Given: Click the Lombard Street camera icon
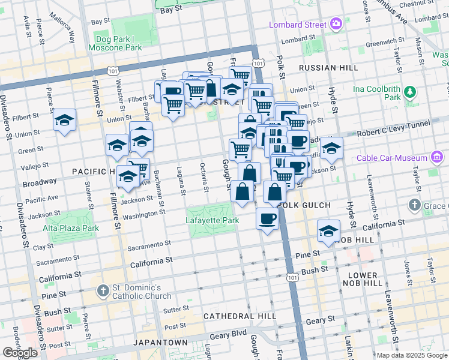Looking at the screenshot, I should tap(336, 25).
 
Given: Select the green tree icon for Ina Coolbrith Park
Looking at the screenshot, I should tap(409, 92).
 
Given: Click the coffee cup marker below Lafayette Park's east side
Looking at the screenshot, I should tap(267, 218).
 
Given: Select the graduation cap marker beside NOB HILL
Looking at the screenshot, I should tap(328, 230).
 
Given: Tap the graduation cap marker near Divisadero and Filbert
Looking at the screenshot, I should tap(64, 120).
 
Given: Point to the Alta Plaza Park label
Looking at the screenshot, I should tap(70, 228).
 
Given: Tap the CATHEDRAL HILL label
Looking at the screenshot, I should tap(240, 316).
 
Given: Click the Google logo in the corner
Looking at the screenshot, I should tap(20, 352).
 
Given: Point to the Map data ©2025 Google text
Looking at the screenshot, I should tap(411, 355).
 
